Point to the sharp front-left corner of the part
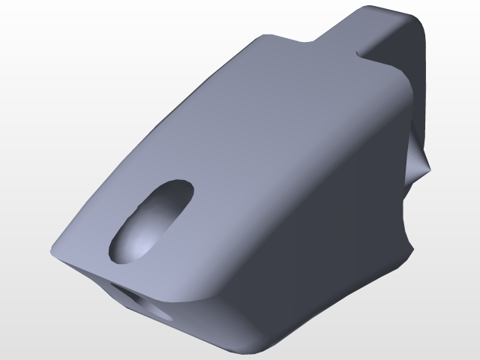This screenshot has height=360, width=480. [x=52, y=251]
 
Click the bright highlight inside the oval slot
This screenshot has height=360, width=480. [x=139, y=240]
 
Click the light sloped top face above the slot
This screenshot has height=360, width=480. [x=247, y=120]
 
